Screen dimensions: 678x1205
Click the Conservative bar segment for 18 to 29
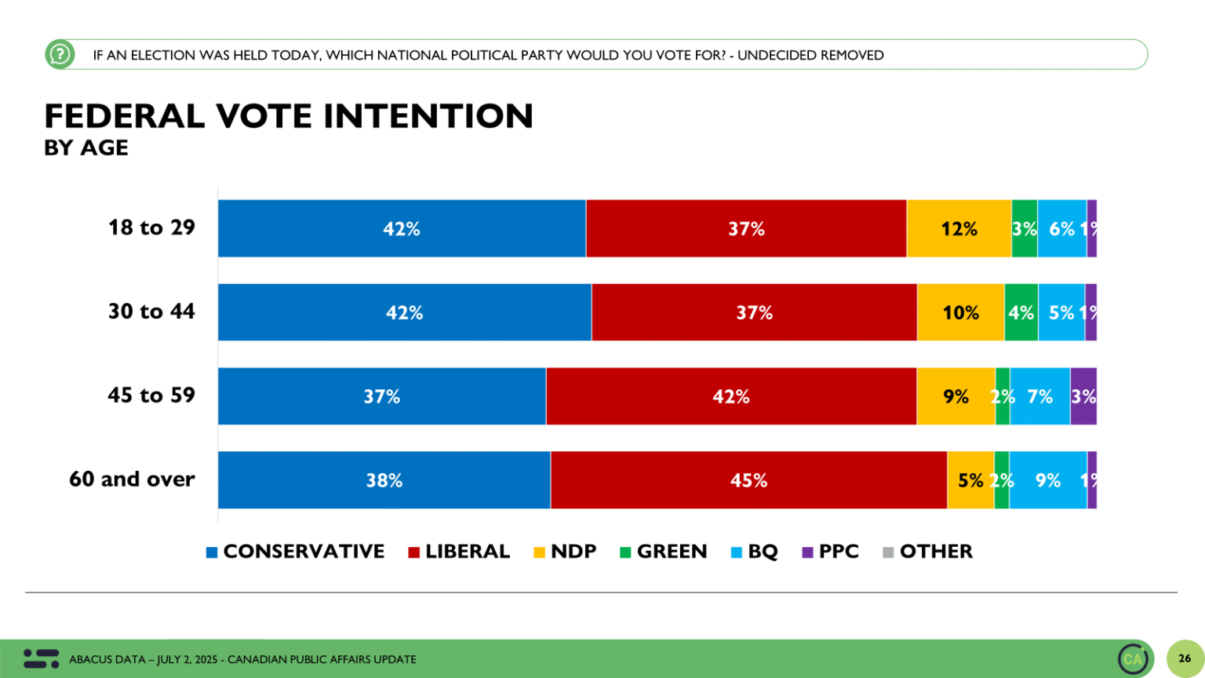(402, 228)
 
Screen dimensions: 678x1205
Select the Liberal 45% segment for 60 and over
(748, 480)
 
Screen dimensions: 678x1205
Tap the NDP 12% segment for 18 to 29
(959, 228)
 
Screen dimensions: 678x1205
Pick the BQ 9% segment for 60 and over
(1047, 480)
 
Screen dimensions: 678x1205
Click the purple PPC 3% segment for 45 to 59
(1083, 396)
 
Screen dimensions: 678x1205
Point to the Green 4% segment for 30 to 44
(1021, 312)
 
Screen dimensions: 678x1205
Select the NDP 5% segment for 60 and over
(970, 480)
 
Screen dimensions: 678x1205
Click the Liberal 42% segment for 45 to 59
(731, 396)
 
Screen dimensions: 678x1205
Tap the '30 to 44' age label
(151, 312)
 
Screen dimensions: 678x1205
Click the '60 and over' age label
(132, 479)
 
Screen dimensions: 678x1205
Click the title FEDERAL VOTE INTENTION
(289, 116)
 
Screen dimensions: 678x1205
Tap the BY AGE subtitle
(86, 148)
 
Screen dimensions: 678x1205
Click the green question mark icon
(60, 54)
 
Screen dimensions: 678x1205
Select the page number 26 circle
(1184, 658)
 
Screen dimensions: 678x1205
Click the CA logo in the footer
(1133, 658)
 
